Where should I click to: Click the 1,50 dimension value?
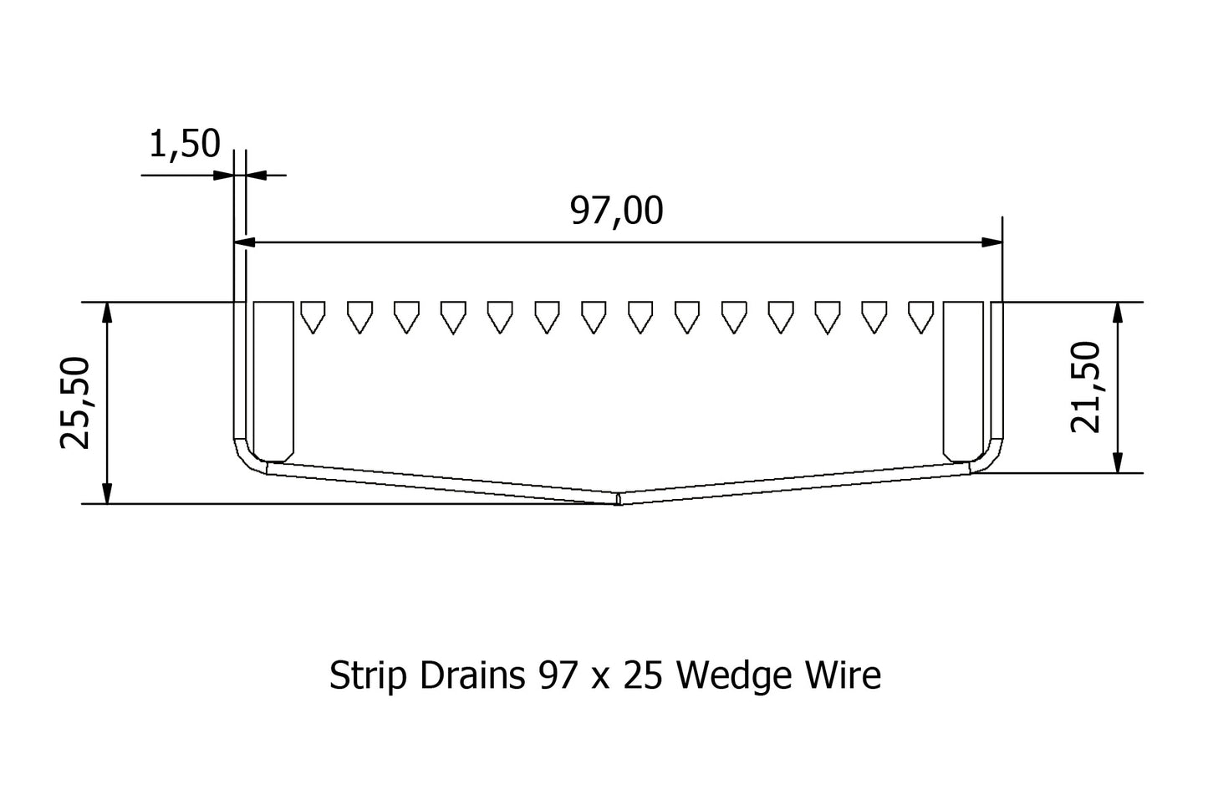click(x=184, y=144)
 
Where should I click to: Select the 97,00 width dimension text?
click(x=616, y=211)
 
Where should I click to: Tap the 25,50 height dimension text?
click(x=76, y=402)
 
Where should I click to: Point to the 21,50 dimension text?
click(x=1086, y=387)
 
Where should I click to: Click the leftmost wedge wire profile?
click(x=312, y=316)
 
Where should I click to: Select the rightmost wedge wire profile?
click(x=920, y=316)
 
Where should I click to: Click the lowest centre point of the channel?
click(x=617, y=502)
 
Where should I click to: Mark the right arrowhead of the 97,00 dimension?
click(x=992, y=242)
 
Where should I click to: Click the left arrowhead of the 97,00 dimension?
click(x=244, y=242)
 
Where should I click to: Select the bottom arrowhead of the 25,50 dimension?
click(x=106, y=494)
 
